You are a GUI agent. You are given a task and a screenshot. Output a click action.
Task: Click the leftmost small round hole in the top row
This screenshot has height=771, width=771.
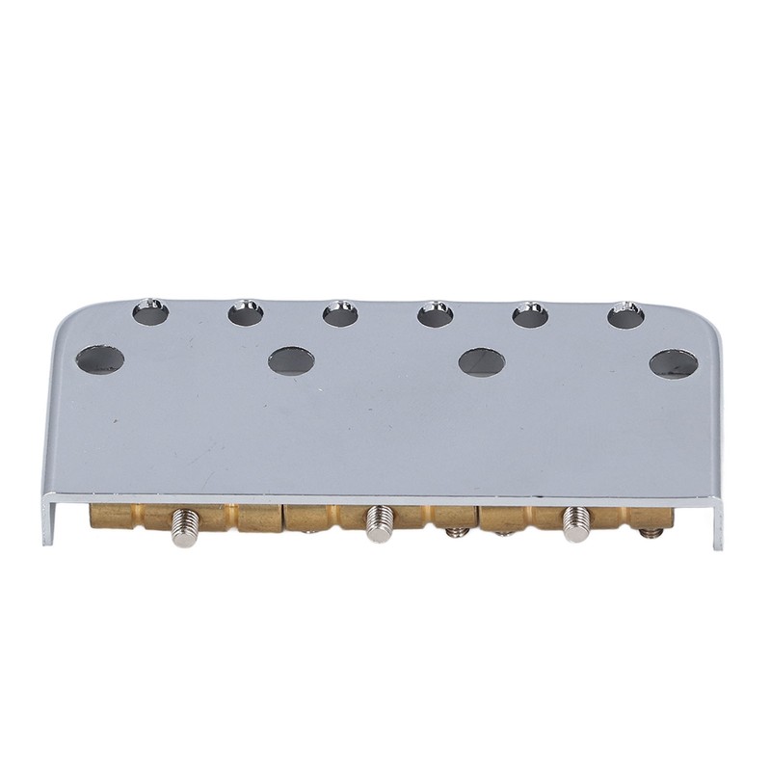[150, 311]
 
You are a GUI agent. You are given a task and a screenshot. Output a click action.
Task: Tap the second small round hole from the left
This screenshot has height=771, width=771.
[246, 312]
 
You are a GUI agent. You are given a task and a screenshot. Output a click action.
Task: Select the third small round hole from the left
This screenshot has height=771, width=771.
[340, 313]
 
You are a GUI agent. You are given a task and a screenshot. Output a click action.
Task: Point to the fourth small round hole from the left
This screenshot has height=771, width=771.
[436, 313]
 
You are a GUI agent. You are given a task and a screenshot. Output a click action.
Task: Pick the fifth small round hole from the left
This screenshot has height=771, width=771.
[530, 314]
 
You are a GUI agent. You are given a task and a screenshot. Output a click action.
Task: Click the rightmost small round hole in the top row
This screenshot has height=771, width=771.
[625, 315]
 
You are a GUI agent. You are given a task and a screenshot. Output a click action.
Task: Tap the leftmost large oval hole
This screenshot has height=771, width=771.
[100, 359]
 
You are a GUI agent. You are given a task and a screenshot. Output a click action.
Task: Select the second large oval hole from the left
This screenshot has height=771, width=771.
[291, 360]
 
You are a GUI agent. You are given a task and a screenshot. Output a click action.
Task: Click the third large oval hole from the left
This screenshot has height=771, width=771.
[482, 361]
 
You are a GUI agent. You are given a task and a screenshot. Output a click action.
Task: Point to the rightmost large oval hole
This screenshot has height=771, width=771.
[674, 363]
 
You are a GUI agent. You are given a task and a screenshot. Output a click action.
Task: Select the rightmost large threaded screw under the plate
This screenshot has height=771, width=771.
[576, 525]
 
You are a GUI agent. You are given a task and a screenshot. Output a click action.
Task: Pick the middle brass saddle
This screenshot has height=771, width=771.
[328, 518]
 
